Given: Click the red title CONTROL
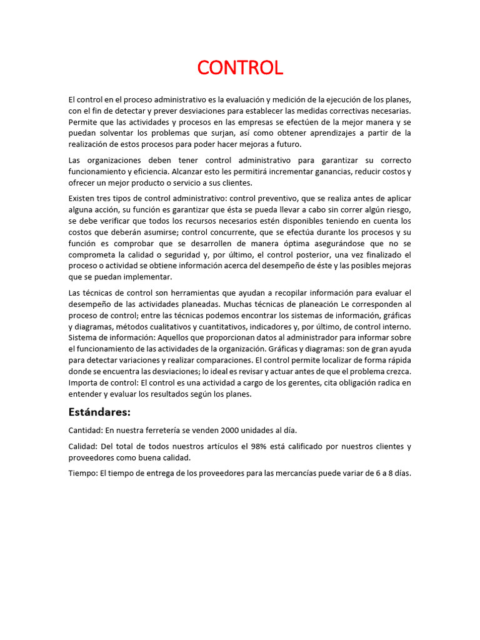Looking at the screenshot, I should coord(240,67).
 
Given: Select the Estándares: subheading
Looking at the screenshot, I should coord(99,412).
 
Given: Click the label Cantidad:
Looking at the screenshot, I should coord(86,431).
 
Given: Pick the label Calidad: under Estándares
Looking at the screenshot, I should coord(83,446).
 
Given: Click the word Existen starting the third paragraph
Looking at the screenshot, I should coord(83,197).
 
